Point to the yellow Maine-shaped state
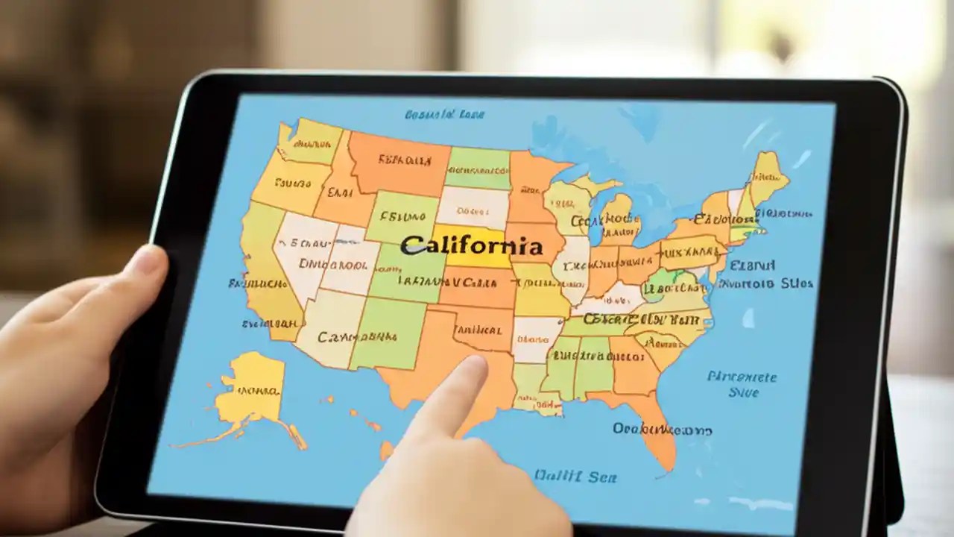coord(768,175)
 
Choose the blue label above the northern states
coord(444,114)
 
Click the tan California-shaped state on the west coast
coord(261,276)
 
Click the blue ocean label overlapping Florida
coord(662,430)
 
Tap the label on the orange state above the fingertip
coord(471,329)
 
